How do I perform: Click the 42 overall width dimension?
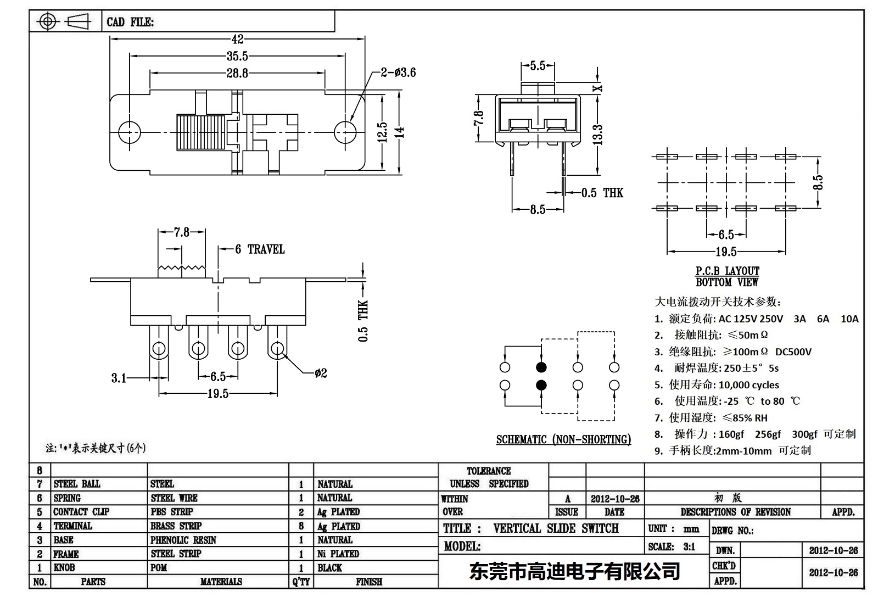(x=237, y=40)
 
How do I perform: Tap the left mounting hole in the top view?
(x=130, y=131)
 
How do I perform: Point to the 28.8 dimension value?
(x=237, y=73)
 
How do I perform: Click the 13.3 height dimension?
(x=597, y=135)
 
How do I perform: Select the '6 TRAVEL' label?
(x=260, y=249)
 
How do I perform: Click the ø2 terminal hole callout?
(x=321, y=373)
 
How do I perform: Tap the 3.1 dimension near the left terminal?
(x=119, y=378)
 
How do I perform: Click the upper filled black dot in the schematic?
(x=541, y=367)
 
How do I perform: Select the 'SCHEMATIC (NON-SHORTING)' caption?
(x=563, y=439)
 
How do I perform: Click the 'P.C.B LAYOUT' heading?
(x=727, y=271)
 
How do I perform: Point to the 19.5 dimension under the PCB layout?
(x=726, y=252)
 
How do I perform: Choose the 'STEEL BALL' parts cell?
(x=77, y=484)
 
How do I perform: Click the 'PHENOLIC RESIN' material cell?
(x=183, y=540)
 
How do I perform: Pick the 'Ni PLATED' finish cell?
(x=338, y=554)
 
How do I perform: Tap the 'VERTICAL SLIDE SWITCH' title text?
(x=556, y=528)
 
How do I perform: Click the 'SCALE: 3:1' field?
(x=671, y=546)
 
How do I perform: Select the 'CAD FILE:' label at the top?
(x=130, y=22)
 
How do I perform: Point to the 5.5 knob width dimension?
(x=538, y=66)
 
